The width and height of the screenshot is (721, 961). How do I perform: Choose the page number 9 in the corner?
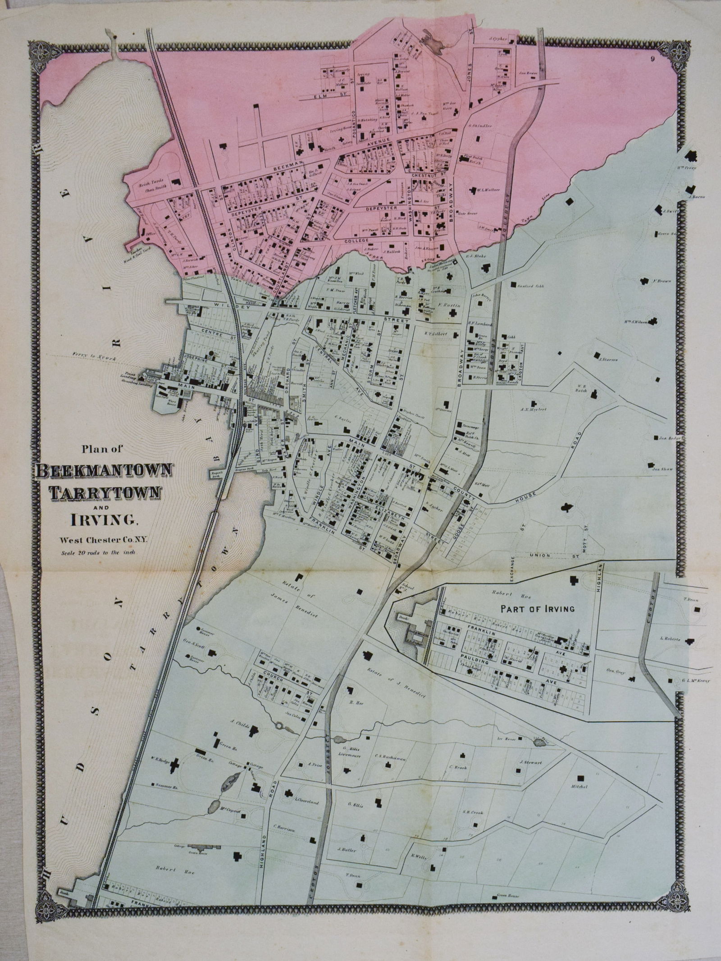pyautogui.click(x=652, y=58)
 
